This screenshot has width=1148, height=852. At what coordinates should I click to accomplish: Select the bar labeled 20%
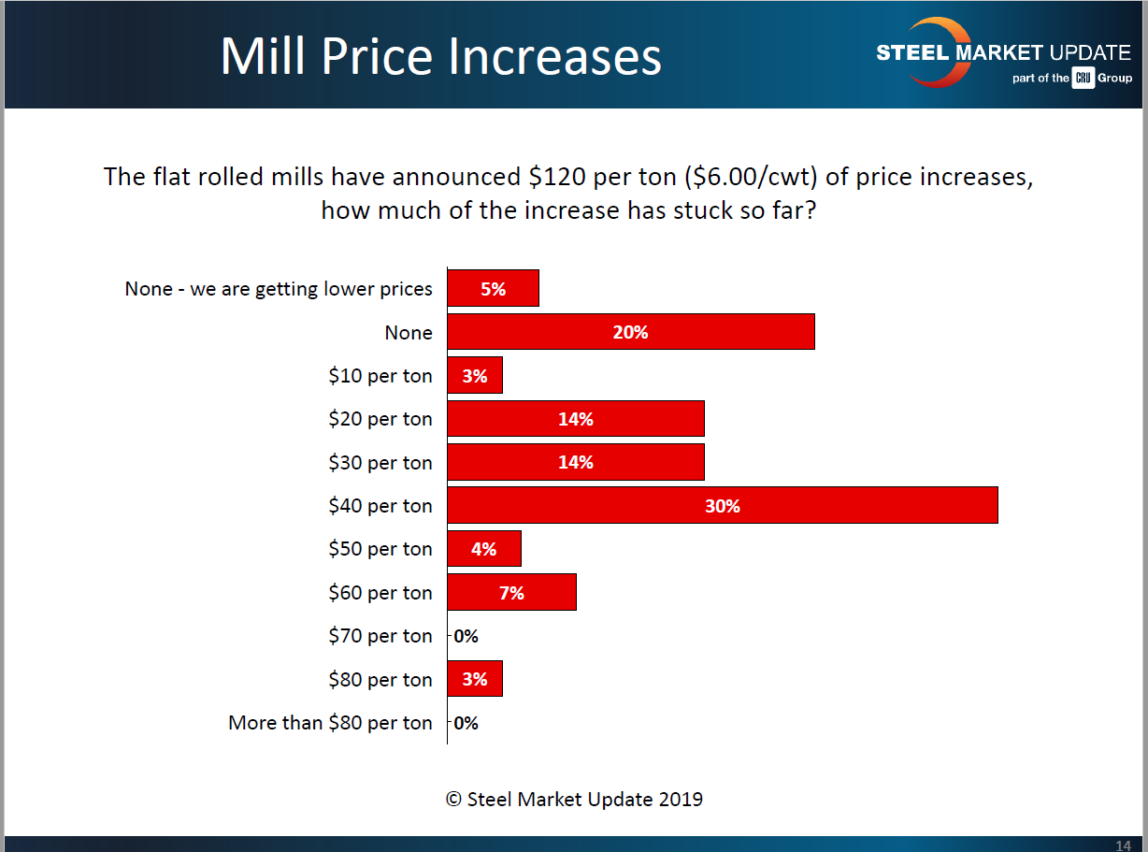point(631,332)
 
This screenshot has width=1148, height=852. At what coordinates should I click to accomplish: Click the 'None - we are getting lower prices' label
point(279,289)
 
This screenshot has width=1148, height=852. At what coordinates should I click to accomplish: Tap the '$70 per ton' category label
point(380,636)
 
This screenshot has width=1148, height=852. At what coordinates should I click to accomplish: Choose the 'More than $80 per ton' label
point(330,723)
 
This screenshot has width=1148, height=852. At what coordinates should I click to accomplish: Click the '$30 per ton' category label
point(380,463)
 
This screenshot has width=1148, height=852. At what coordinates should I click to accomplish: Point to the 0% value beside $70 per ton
point(466,637)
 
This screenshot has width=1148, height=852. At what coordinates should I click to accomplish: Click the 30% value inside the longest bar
point(723,506)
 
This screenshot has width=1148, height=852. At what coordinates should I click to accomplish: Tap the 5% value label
point(493,289)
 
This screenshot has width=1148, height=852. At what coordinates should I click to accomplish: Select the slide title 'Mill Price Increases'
point(440,57)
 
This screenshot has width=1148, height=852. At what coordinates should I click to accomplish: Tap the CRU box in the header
point(1083,79)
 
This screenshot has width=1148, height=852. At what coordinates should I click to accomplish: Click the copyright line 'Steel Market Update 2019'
point(574,800)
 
